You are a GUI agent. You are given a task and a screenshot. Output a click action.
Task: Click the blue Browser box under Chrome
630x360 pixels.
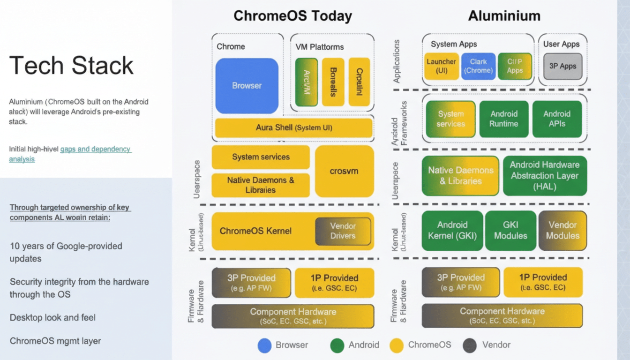[x=247, y=86]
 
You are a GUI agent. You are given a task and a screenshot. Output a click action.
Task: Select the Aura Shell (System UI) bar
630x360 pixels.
[x=293, y=127]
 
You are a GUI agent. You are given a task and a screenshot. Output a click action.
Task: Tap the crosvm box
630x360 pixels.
[x=344, y=171]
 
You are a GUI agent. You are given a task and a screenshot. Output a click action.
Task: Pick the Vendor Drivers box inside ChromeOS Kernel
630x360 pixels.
[x=343, y=231]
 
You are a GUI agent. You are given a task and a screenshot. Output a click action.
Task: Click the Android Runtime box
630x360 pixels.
[x=504, y=119]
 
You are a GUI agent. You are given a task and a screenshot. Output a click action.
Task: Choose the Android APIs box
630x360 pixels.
[x=557, y=119]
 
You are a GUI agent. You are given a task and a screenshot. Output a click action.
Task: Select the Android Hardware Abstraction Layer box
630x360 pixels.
[x=545, y=176]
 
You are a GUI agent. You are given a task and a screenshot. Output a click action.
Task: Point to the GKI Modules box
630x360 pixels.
[x=510, y=231]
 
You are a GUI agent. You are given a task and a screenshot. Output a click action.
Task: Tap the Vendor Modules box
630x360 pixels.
[x=562, y=231]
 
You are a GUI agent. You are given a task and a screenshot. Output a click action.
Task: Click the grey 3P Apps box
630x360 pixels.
[x=562, y=66]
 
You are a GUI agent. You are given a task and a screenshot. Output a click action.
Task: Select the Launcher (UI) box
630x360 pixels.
[x=441, y=66]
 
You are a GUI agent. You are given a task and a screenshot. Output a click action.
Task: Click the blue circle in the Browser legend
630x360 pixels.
[x=265, y=345]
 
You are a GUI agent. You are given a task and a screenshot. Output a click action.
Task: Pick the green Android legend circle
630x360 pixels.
[x=337, y=345]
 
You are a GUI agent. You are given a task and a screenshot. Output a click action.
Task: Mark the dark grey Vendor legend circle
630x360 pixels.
[x=469, y=345]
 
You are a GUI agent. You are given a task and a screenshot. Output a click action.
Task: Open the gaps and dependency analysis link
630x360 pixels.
[x=70, y=154]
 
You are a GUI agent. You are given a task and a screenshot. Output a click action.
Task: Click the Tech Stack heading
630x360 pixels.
[x=71, y=65]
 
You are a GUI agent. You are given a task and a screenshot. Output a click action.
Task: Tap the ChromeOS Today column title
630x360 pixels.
[x=292, y=16]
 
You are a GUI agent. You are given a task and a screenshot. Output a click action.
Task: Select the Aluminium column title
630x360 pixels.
[x=504, y=16]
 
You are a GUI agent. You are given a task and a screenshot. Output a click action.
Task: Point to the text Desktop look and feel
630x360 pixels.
[x=52, y=318]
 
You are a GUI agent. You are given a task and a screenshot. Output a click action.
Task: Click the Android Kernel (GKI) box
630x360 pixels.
[x=452, y=231]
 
